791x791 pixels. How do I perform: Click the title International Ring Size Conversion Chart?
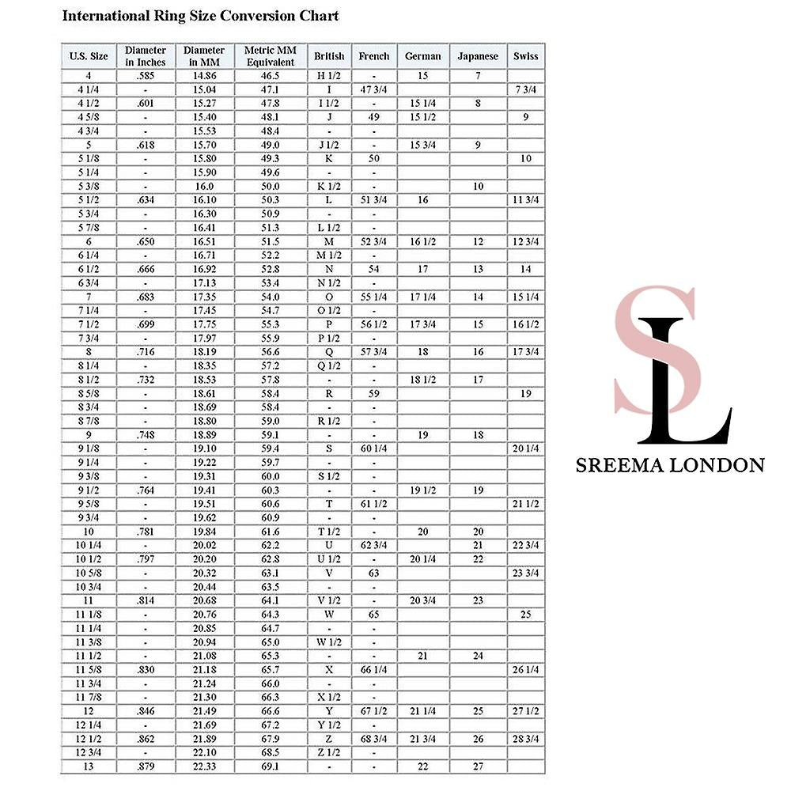tap(200, 16)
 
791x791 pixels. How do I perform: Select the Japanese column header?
tap(478, 56)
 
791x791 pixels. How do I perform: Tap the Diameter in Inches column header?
tap(146, 56)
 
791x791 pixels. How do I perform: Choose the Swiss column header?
tap(526, 56)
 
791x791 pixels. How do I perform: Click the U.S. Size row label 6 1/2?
tap(89, 269)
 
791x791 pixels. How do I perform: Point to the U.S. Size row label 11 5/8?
tap(89, 670)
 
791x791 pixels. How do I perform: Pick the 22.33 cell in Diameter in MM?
tap(204, 766)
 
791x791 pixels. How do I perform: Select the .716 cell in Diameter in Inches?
tap(146, 351)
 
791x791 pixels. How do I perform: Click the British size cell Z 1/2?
tap(329, 752)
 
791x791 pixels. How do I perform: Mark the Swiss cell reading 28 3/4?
tap(526, 739)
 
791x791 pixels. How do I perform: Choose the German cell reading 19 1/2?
tap(422, 490)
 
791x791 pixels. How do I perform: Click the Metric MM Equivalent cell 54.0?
tap(271, 297)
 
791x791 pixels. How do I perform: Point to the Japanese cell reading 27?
tap(478, 766)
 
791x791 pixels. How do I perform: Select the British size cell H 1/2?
tap(329, 76)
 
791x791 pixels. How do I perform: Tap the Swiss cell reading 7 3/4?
tap(526, 89)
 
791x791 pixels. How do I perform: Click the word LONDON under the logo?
tap(716, 465)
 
